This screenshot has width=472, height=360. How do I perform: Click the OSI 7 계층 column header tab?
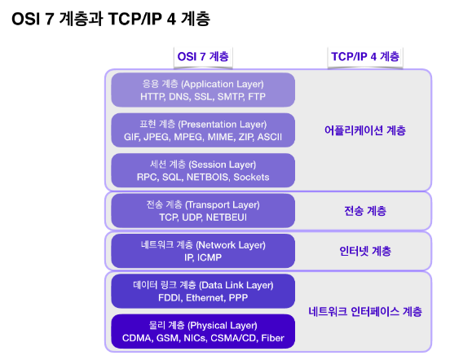tap(203, 57)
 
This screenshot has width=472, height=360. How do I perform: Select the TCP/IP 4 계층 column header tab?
tap(365, 57)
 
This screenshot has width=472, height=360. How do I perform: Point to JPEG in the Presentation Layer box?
tap(157, 137)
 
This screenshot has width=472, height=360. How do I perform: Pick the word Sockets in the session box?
tap(251, 177)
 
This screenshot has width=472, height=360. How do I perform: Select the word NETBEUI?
tap(227, 217)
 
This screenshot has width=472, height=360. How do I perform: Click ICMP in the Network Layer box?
tap(210, 257)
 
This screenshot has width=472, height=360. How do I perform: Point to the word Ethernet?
tap(205, 298)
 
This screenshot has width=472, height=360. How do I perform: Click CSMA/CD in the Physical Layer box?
tap(234, 338)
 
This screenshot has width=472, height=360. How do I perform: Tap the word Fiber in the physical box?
tap(273, 338)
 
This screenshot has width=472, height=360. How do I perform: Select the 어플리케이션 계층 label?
tap(365, 130)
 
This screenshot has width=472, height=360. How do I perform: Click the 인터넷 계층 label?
tap(365, 251)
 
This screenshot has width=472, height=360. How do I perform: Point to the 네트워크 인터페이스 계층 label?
tap(365, 311)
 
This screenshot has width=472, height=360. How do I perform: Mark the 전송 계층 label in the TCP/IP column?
tap(365, 211)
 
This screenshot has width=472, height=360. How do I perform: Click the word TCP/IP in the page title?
tap(135, 19)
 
